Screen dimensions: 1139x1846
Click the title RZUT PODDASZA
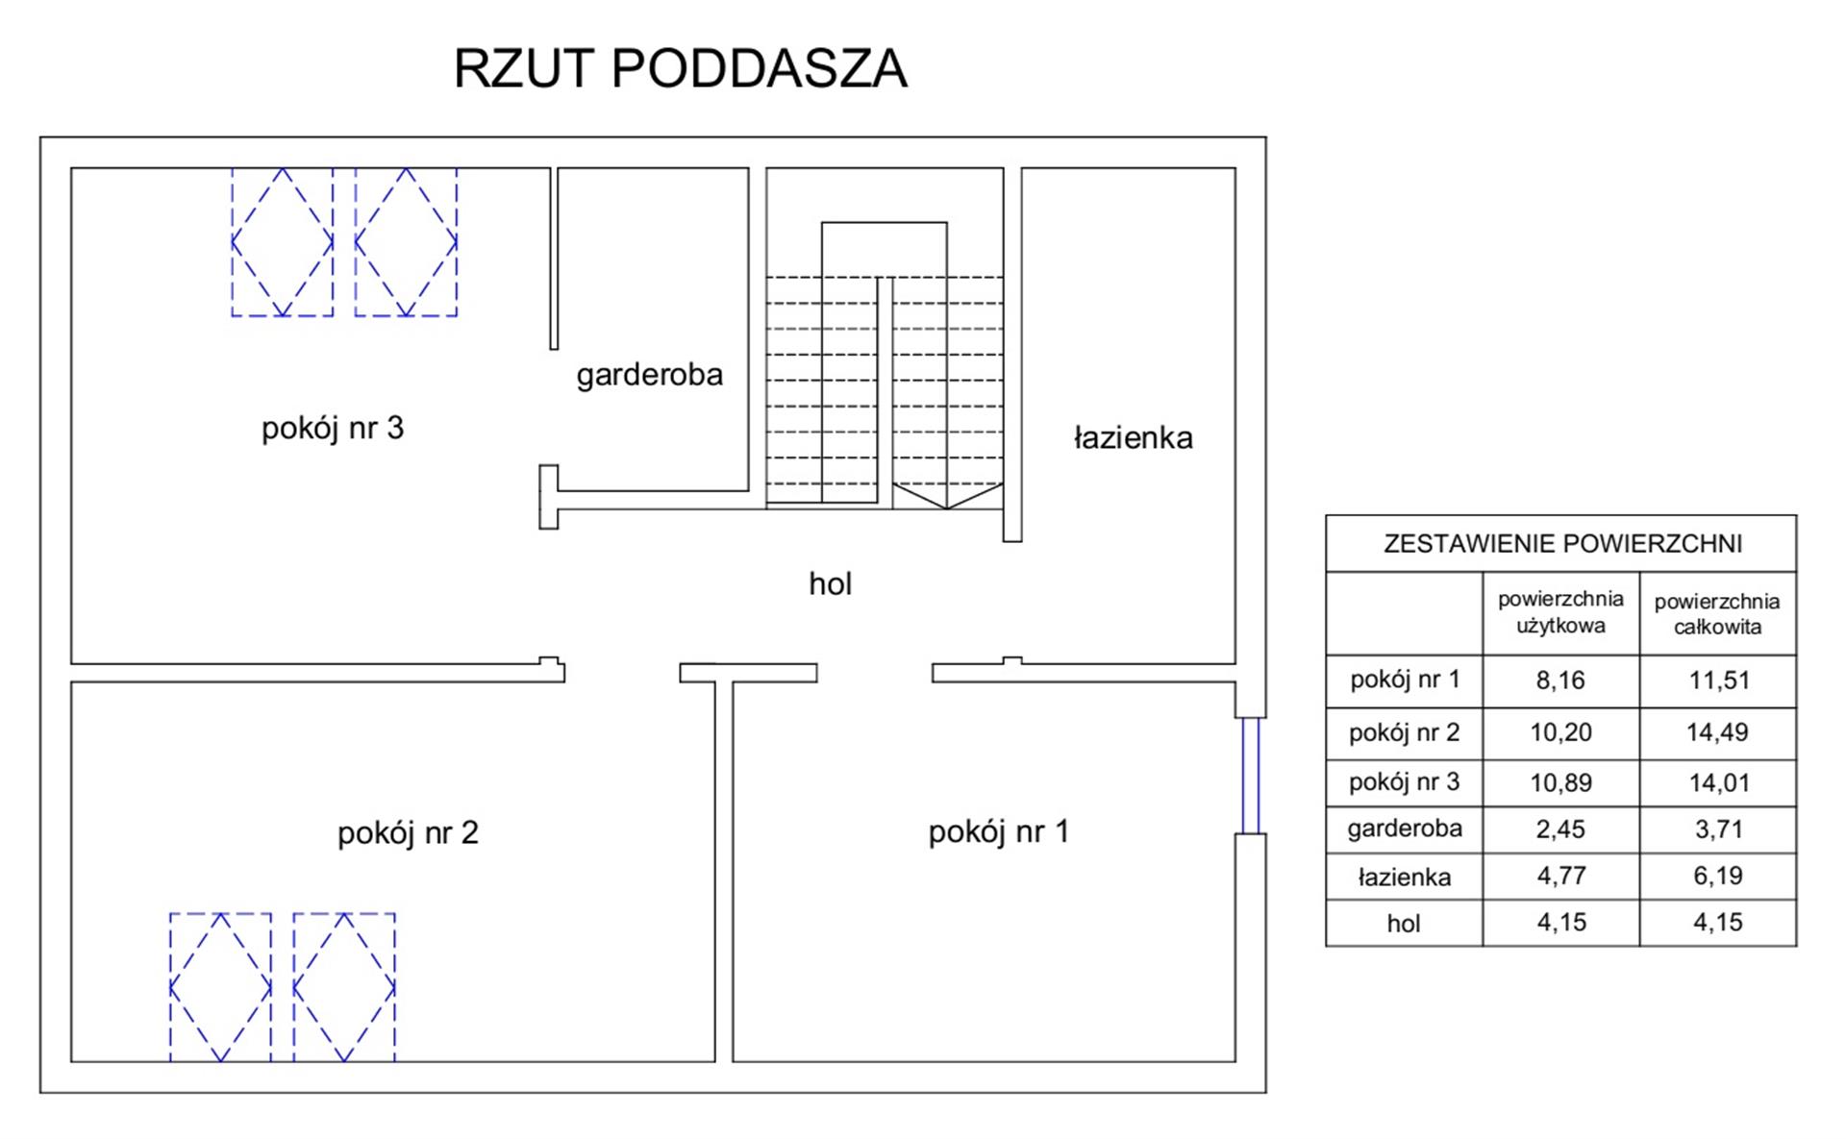(x=680, y=69)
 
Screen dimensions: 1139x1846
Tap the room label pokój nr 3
(x=333, y=428)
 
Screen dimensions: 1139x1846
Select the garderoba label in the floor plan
(x=649, y=374)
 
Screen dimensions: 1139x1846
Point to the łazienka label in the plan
(x=1133, y=438)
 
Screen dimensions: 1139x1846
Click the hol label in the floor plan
(x=830, y=583)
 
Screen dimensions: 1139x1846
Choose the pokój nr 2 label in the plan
(x=408, y=832)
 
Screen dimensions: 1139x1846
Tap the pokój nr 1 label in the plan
(x=998, y=831)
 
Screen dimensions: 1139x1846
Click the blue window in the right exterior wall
(x=1250, y=775)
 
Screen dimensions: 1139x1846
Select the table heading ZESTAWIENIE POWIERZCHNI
(x=1561, y=544)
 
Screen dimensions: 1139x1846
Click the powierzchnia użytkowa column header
(x=1560, y=612)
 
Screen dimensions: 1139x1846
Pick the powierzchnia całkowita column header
(x=1717, y=614)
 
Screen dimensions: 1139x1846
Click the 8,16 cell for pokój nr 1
(x=1560, y=681)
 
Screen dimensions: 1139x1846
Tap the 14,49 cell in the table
(x=1717, y=732)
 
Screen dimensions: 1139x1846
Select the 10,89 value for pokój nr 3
(x=1560, y=782)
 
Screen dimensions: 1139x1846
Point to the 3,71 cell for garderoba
(x=1717, y=829)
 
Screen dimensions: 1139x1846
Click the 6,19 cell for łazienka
(x=1717, y=876)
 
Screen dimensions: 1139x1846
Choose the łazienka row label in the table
(x=1404, y=877)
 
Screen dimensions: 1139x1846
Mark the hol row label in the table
(x=1404, y=924)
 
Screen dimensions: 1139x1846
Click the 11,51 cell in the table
(x=1717, y=681)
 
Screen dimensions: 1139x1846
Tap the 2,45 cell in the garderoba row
(x=1560, y=829)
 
